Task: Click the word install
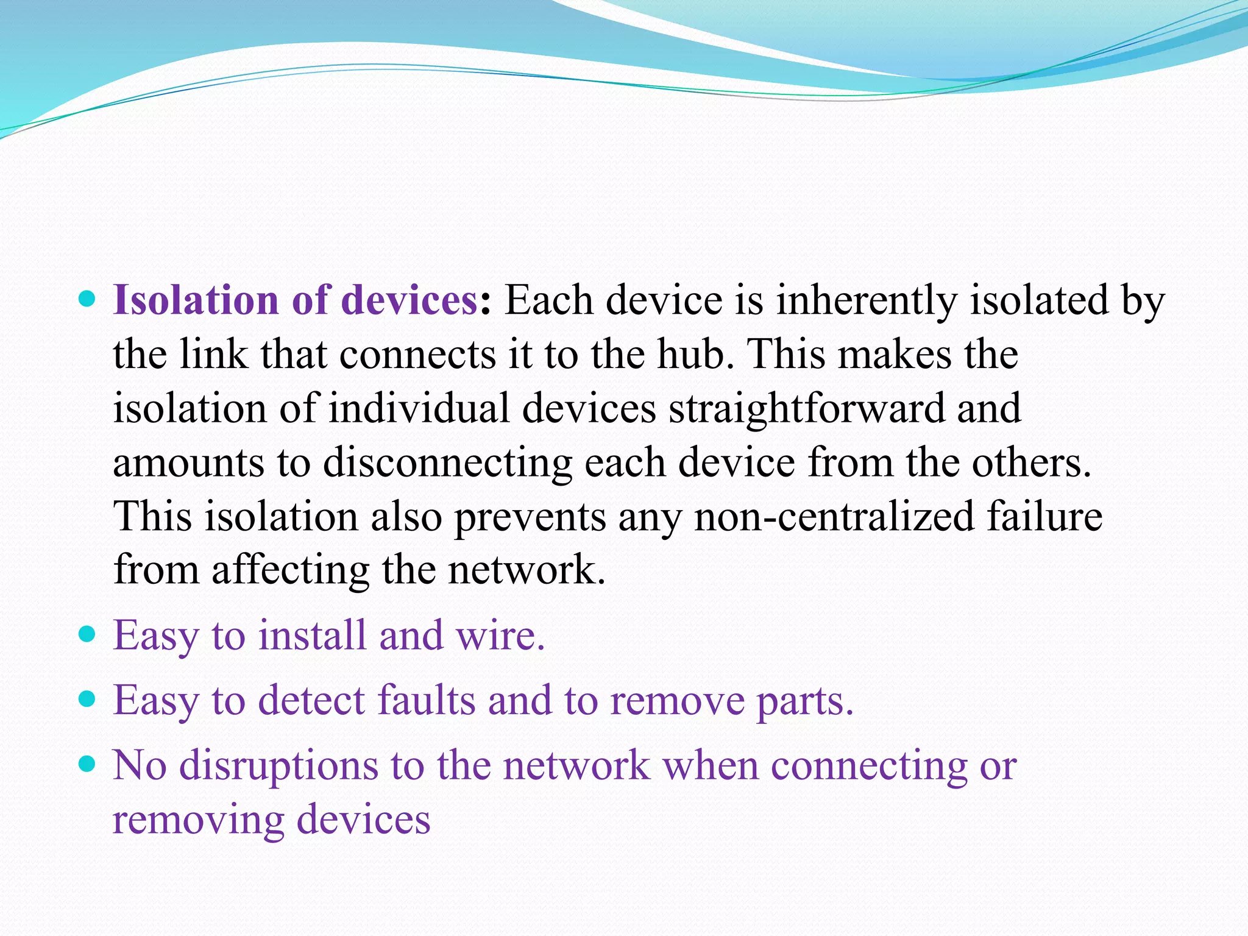point(312,635)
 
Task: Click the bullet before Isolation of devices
point(88,299)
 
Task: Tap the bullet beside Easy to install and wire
point(88,634)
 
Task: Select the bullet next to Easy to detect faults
point(88,698)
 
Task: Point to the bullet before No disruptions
point(88,764)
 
